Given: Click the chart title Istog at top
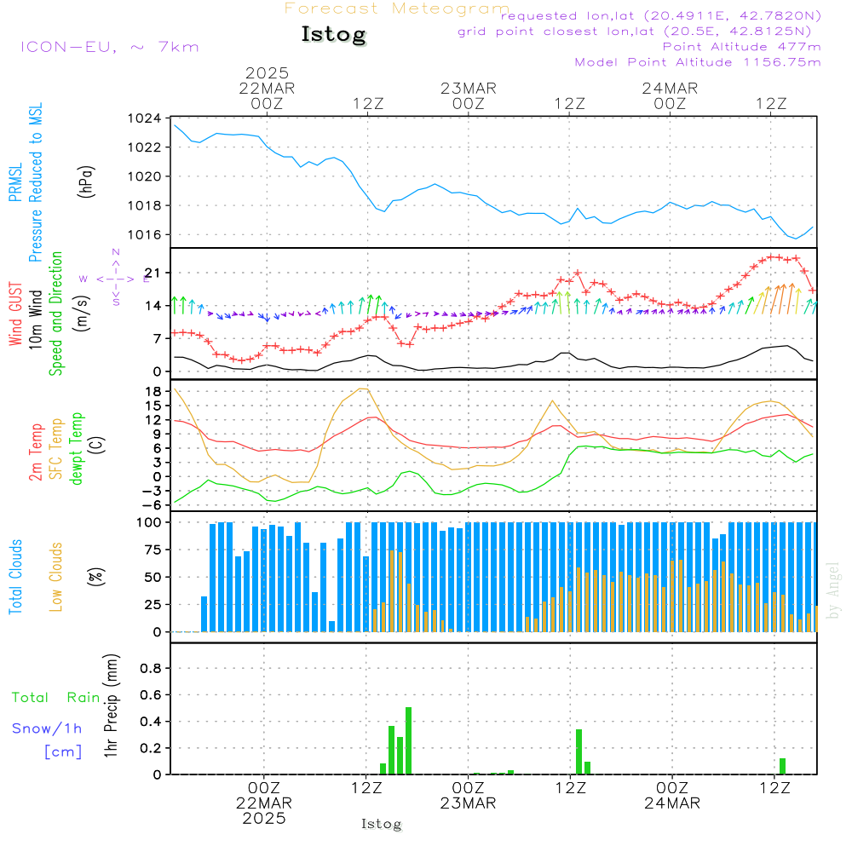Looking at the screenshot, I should pos(333,35).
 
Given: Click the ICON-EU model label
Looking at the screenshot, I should pos(109,47).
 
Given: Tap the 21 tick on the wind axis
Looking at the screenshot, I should pos(156,273).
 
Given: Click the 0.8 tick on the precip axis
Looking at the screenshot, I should pos(151,669).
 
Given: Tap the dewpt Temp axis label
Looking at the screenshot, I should pos(78,449).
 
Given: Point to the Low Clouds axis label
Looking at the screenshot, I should pos(57,577).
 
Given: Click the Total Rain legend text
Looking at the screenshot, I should pos(55,698).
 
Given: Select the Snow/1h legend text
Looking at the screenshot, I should pos(48,728).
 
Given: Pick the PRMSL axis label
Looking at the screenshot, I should pos(15,182).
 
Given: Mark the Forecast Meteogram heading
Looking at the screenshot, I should pos(397,9).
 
